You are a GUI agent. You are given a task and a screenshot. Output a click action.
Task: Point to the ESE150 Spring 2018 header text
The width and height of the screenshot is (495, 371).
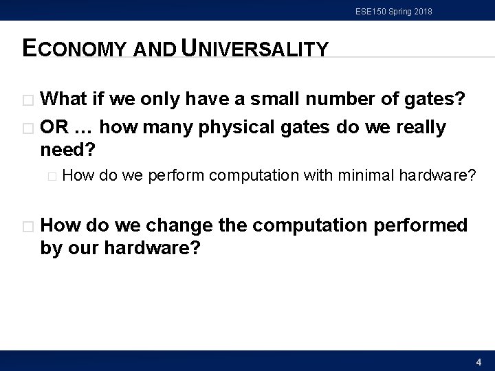point(394,11)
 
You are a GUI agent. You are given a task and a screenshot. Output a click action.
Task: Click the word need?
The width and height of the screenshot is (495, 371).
point(68,149)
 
